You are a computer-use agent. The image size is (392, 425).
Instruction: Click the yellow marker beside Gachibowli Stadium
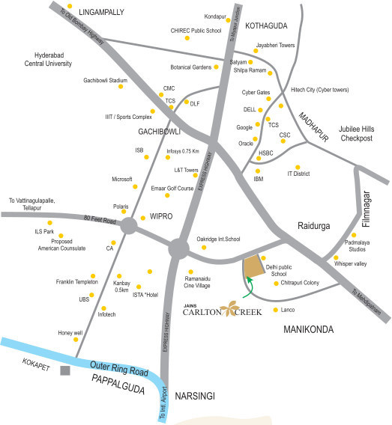tap(120, 85)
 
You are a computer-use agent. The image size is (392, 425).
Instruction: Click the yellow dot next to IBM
tap(258, 170)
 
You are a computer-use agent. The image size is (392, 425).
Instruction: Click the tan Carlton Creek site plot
tap(254, 266)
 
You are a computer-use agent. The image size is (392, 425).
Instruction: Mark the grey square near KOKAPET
tap(66, 370)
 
